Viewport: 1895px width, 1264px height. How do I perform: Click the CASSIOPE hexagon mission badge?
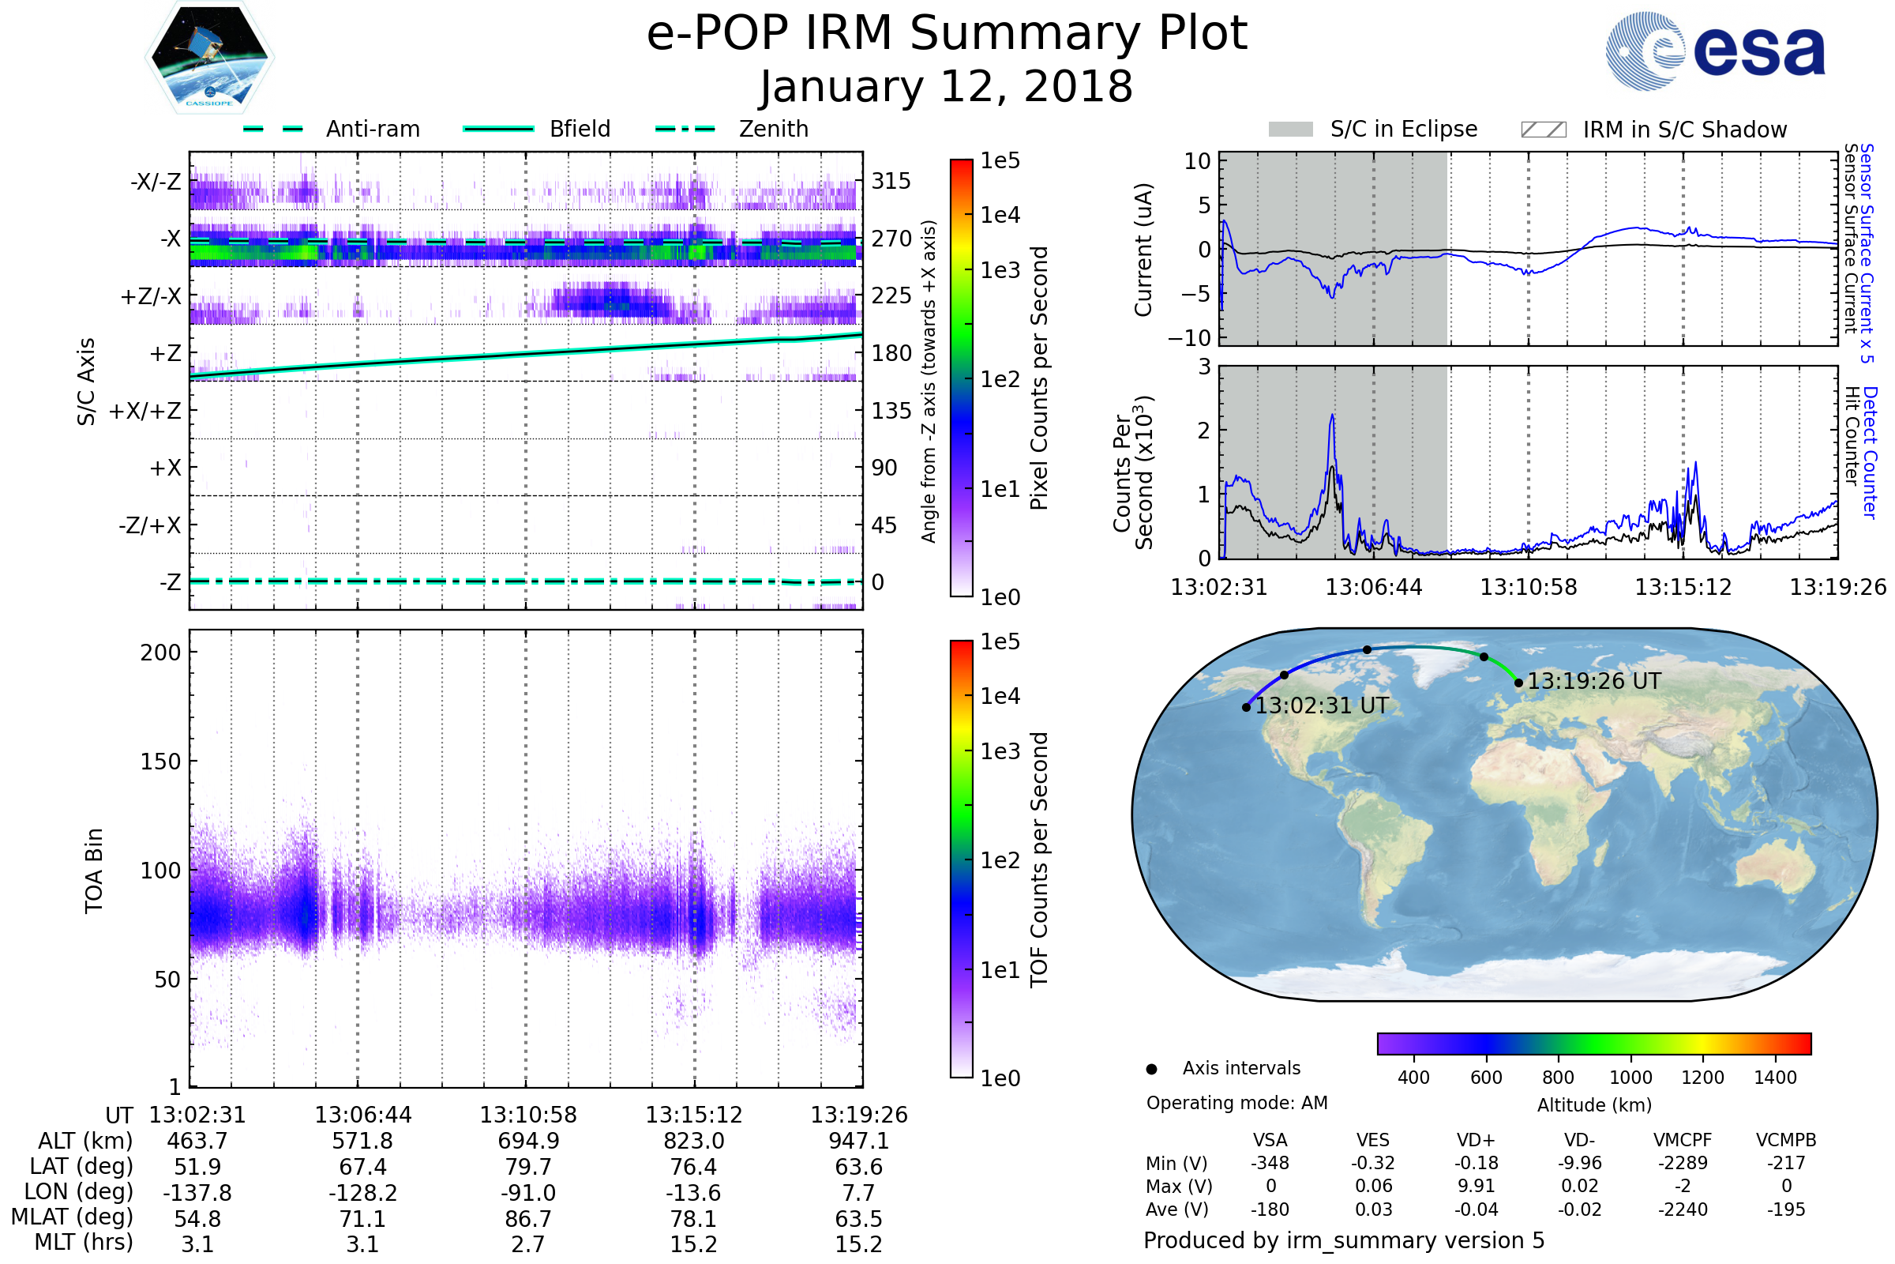point(209,57)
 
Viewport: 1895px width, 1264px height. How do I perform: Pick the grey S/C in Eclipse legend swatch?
point(1290,130)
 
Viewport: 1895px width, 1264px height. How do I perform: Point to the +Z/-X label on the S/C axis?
point(151,297)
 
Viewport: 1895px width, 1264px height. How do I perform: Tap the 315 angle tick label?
point(891,181)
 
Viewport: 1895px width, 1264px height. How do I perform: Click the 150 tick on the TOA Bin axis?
point(160,762)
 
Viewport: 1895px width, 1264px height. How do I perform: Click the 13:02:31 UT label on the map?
point(1321,706)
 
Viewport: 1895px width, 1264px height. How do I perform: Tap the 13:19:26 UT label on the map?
point(1593,682)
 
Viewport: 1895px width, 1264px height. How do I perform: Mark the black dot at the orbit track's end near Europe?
point(1518,683)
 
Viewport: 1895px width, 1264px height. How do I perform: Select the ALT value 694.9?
point(527,1142)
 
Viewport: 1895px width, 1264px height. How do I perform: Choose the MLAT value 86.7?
point(527,1219)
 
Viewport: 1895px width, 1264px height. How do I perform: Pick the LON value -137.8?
point(197,1193)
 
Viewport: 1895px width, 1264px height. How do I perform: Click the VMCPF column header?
point(1683,1141)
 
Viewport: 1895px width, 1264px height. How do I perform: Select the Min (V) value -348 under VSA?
point(1270,1163)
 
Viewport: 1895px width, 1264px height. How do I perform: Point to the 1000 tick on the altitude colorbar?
point(1630,1078)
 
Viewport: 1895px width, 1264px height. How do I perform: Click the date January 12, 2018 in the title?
point(947,87)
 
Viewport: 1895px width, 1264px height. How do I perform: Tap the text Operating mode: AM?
point(1236,1103)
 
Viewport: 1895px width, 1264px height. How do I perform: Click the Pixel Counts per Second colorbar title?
point(1039,378)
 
